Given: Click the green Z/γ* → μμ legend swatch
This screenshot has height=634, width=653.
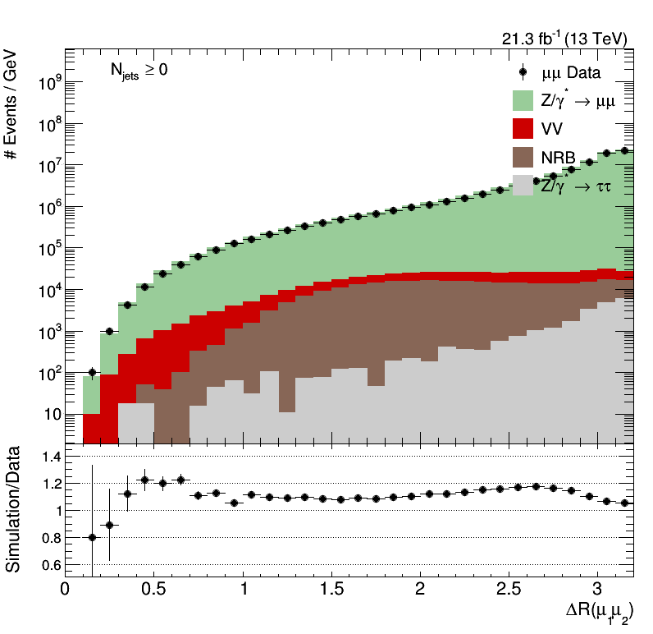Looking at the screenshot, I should (x=523, y=100).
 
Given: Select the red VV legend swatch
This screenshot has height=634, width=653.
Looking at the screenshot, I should (x=523, y=128).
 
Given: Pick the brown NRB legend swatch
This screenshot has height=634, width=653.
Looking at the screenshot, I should (x=523, y=156).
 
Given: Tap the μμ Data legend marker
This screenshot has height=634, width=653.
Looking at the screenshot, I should (x=523, y=72).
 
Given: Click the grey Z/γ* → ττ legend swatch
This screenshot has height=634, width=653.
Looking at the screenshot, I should (x=523, y=185).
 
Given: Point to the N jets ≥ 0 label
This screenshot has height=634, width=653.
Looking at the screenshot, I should (x=139, y=71).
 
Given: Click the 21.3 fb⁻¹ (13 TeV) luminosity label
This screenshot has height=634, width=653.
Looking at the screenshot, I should (x=564, y=39).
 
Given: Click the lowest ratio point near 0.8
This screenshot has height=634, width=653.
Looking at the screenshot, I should (x=92, y=537).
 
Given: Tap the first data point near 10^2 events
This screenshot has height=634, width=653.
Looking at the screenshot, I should (x=92, y=372).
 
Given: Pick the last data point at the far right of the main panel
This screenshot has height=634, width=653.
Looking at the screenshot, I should (x=624, y=150).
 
